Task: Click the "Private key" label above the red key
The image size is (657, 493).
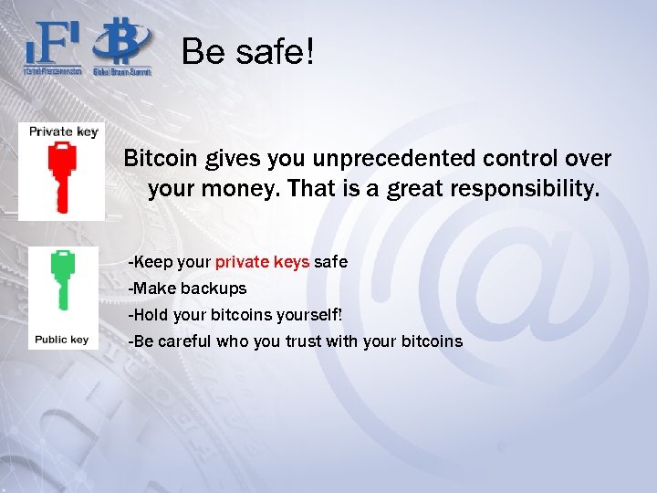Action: click(x=63, y=131)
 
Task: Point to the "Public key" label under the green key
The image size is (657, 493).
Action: click(x=61, y=340)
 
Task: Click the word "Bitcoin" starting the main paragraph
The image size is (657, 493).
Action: click(x=161, y=158)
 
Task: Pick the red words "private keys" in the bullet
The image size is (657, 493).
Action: click(x=262, y=262)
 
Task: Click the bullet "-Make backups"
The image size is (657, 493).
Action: click(x=187, y=288)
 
